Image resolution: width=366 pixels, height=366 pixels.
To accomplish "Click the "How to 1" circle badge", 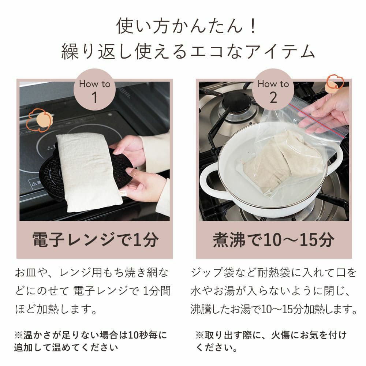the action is click(x=94, y=90).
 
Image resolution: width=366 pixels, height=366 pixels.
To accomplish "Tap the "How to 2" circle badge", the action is click(x=273, y=90).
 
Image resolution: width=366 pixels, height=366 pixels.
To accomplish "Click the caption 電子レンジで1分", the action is click(x=95, y=240).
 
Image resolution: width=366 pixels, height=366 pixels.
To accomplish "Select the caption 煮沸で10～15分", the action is click(x=273, y=240).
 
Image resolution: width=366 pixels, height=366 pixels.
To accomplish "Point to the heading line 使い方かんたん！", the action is click(x=187, y=26).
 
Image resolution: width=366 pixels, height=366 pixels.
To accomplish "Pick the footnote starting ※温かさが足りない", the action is click(x=90, y=341).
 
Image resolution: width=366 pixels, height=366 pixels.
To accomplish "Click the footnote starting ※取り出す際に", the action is click(x=271, y=341).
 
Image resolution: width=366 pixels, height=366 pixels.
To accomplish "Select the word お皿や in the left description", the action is click(x=31, y=273).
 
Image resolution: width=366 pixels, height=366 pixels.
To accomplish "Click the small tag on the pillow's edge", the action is click(x=122, y=193).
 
